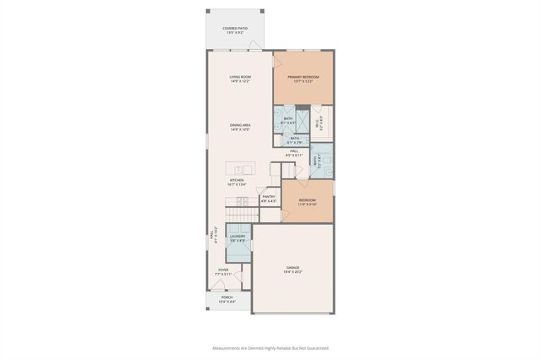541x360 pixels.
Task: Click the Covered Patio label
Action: (236, 30)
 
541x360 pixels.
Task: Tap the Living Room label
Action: (240, 79)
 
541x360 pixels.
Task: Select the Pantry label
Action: (268, 199)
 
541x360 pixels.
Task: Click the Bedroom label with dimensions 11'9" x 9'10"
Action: (306, 201)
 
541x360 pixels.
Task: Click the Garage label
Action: (292, 268)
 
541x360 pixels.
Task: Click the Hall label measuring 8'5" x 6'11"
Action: (294, 153)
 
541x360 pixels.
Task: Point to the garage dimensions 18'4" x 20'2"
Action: (292, 272)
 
